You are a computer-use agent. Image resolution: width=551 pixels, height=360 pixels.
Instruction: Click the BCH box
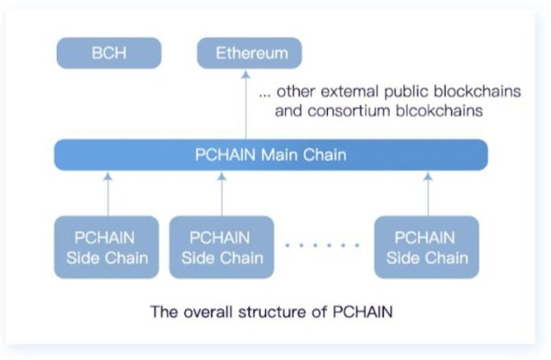pyautogui.click(x=108, y=53)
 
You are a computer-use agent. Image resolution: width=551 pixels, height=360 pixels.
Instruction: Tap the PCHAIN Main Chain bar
pyautogui.click(x=270, y=155)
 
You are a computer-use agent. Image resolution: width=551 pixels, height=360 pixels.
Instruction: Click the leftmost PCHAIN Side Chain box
pyautogui.click(x=106, y=247)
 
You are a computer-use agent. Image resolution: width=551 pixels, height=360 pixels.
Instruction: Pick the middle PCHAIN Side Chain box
pyautogui.click(x=220, y=247)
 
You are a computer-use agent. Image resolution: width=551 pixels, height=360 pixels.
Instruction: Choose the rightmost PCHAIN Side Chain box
pyautogui.click(x=425, y=247)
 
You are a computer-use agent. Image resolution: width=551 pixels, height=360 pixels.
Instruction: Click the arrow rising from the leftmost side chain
pyautogui.click(x=107, y=192)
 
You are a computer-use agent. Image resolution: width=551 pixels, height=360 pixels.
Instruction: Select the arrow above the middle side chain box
pyautogui.click(x=221, y=192)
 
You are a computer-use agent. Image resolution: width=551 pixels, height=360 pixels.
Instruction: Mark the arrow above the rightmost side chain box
pyautogui.click(x=426, y=192)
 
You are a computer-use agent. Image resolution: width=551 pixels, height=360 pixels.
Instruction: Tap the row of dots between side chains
pyautogui.click(x=322, y=245)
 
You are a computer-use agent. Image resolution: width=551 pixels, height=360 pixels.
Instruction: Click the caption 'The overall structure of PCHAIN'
pyautogui.click(x=273, y=311)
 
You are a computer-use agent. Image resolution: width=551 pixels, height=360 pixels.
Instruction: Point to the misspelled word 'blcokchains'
pyautogui.click(x=430, y=111)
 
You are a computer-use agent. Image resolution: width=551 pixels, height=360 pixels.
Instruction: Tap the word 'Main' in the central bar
pyautogui.click(x=280, y=155)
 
